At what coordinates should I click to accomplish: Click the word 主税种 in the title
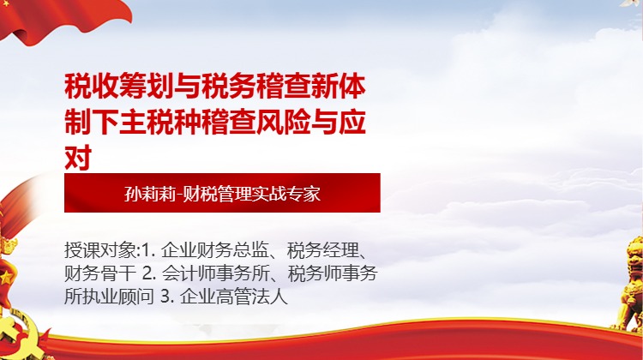point(147,123)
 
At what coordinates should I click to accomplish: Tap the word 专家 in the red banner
point(304,193)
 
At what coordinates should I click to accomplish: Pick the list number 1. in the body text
point(147,251)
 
